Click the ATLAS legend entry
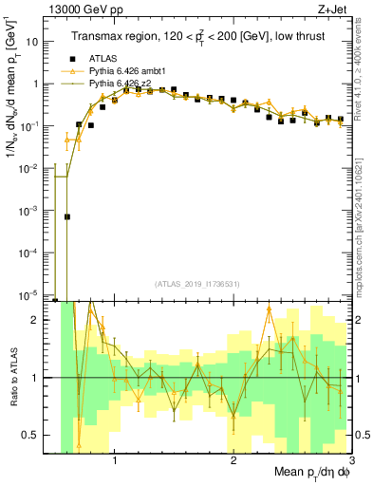[103, 58]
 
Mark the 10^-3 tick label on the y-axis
[40, 210]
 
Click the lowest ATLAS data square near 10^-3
[67, 216]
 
